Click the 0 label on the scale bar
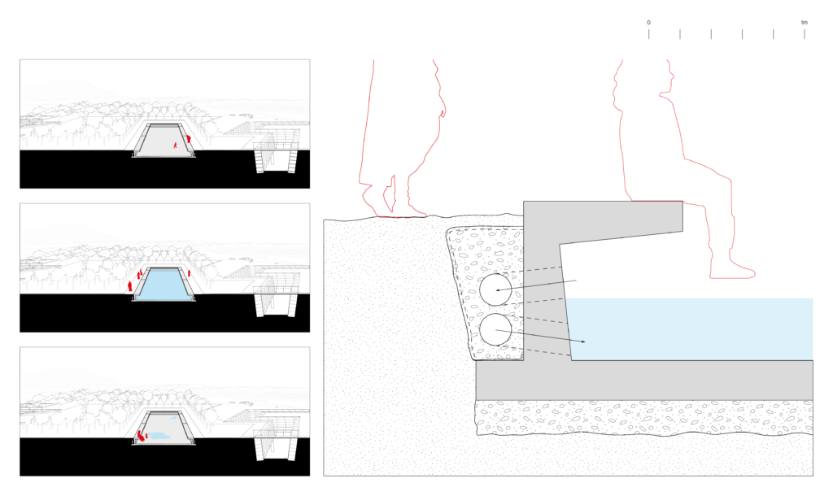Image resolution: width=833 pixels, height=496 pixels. (648, 22)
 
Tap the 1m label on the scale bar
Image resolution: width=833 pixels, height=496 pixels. (804, 22)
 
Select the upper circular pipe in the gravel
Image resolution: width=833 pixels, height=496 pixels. (495, 289)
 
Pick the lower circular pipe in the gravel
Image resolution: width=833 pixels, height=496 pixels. (495, 330)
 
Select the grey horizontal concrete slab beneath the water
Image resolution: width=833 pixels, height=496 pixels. (651, 380)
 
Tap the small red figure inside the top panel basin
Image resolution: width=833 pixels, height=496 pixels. (174, 144)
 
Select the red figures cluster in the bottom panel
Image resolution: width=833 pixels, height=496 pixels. (141, 437)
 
